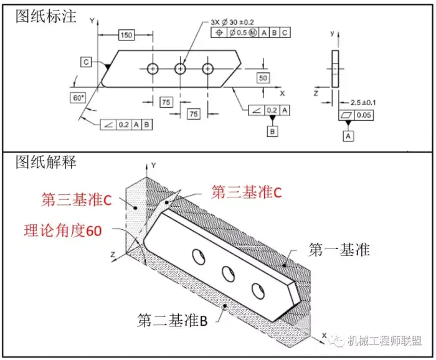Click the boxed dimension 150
(x=126, y=35)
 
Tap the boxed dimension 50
(x=263, y=78)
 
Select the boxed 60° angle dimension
(x=78, y=98)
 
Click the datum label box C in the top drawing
(x=86, y=62)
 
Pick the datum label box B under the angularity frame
(x=273, y=131)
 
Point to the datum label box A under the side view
(x=348, y=136)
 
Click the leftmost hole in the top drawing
(x=153, y=69)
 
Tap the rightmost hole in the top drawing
(x=207, y=69)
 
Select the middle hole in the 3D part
(x=228, y=274)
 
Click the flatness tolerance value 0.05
(x=364, y=115)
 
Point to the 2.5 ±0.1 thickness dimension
(x=363, y=103)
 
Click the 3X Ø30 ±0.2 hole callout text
(x=232, y=22)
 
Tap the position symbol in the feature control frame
(x=219, y=33)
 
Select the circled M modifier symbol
(x=252, y=33)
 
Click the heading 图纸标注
(x=46, y=16)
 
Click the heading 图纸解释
(x=46, y=162)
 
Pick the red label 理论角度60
(x=63, y=230)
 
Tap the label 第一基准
(x=339, y=249)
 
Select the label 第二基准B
(x=173, y=320)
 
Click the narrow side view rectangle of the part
(x=335, y=69)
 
